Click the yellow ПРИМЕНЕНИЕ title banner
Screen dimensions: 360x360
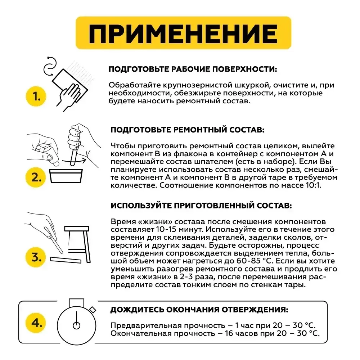(x=183, y=33)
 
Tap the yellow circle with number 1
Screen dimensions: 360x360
(x=36, y=96)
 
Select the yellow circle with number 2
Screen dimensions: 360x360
(x=36, y=177)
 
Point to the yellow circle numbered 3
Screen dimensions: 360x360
(x=36, y=257)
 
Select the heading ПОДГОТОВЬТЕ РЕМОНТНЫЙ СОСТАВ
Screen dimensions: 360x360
(x=188, y=130)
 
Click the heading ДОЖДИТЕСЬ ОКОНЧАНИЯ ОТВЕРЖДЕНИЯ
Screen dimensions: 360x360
(x=199, y=310)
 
